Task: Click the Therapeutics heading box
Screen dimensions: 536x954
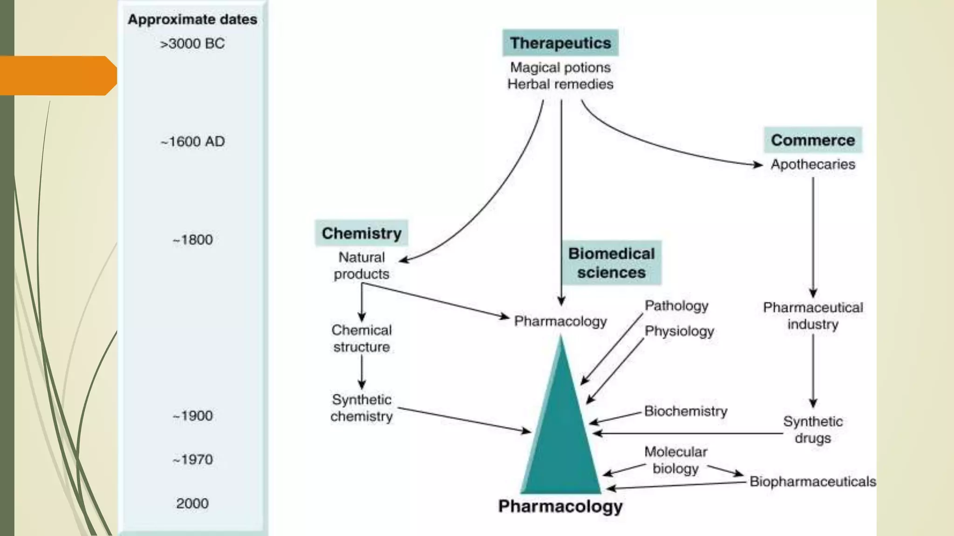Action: coord(560,43)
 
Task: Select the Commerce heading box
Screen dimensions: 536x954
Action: coord(812,140)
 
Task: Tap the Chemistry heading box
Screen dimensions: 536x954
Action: coord(361,233)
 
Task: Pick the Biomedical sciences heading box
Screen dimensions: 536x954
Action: coord(611,263)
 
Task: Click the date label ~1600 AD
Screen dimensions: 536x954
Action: coord(192,141)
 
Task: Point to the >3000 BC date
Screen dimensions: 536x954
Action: coord(192,44)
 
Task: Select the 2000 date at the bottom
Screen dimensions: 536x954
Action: coord(192,503)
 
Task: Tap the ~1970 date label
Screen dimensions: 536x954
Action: coord(192,460)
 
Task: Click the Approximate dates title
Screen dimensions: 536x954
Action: coord(192,20)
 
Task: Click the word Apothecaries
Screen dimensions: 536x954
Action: coord(812,164)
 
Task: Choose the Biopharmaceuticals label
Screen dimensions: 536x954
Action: coord(812,482)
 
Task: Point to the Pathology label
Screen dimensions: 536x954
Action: coord(676,306)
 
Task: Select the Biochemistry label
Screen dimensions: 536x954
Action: coord(685,411)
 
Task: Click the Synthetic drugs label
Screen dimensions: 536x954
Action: coord(812,429)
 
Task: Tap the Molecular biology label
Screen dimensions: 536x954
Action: coord(675,460)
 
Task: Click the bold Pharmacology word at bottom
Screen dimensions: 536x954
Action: coord(560,506)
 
